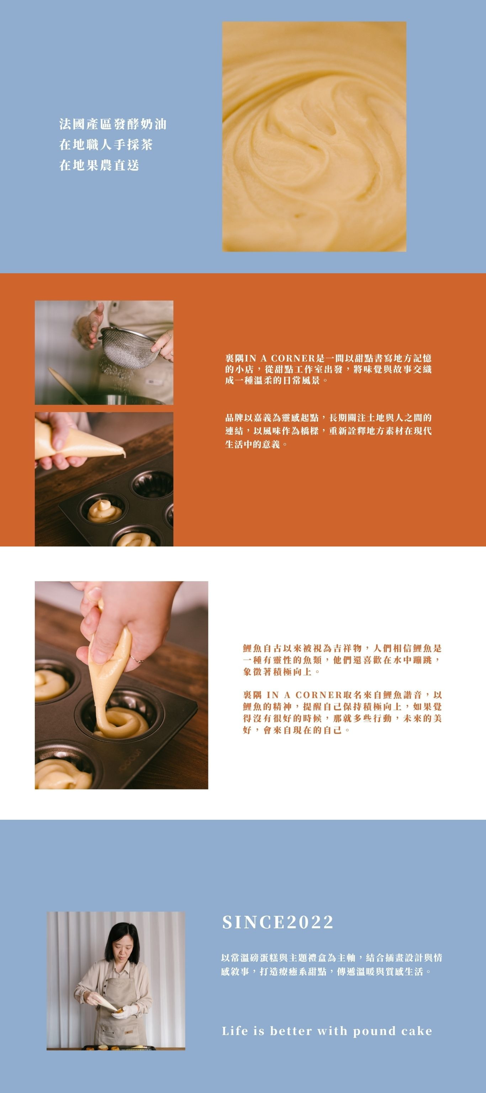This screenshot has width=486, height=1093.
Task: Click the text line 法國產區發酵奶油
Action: click(x=113, y=124)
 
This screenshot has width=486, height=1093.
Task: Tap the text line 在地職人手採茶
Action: click(x=106, y=145)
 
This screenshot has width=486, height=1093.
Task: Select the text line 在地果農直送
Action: click(x=99, y=165)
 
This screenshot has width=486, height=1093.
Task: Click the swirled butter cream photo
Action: click(x=314, y=136)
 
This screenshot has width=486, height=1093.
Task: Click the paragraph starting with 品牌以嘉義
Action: click(x=328, y=431)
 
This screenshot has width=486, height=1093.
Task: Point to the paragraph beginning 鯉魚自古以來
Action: click(x=342, y=660)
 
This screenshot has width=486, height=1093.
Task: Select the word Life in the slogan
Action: click(x=236, y=1031)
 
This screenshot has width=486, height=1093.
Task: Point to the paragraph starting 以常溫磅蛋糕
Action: click(x=332, y=965)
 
